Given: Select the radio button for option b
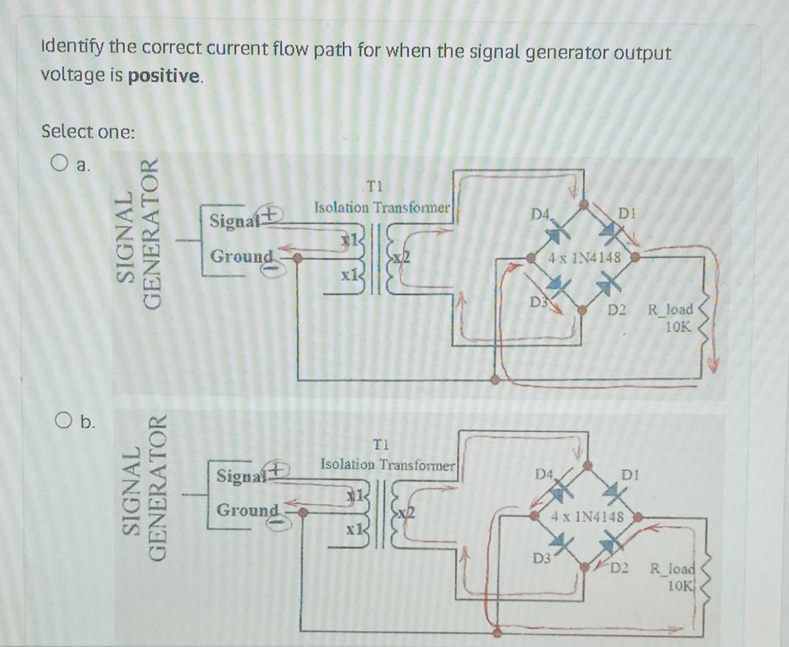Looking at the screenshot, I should (63, 420).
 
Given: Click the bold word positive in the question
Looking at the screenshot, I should (164, 76).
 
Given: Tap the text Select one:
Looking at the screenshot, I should (88, 131).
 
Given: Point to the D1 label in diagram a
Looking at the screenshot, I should (627, 214).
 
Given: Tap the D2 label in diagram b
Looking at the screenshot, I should (619, 569).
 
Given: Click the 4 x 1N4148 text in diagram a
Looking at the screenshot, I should (584, 257).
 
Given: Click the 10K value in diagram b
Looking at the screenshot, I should (683, 587).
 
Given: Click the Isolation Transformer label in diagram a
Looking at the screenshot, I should (384, 207).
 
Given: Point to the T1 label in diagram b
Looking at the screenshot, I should (380, 444).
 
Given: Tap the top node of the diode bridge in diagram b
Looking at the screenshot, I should (587, 465).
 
